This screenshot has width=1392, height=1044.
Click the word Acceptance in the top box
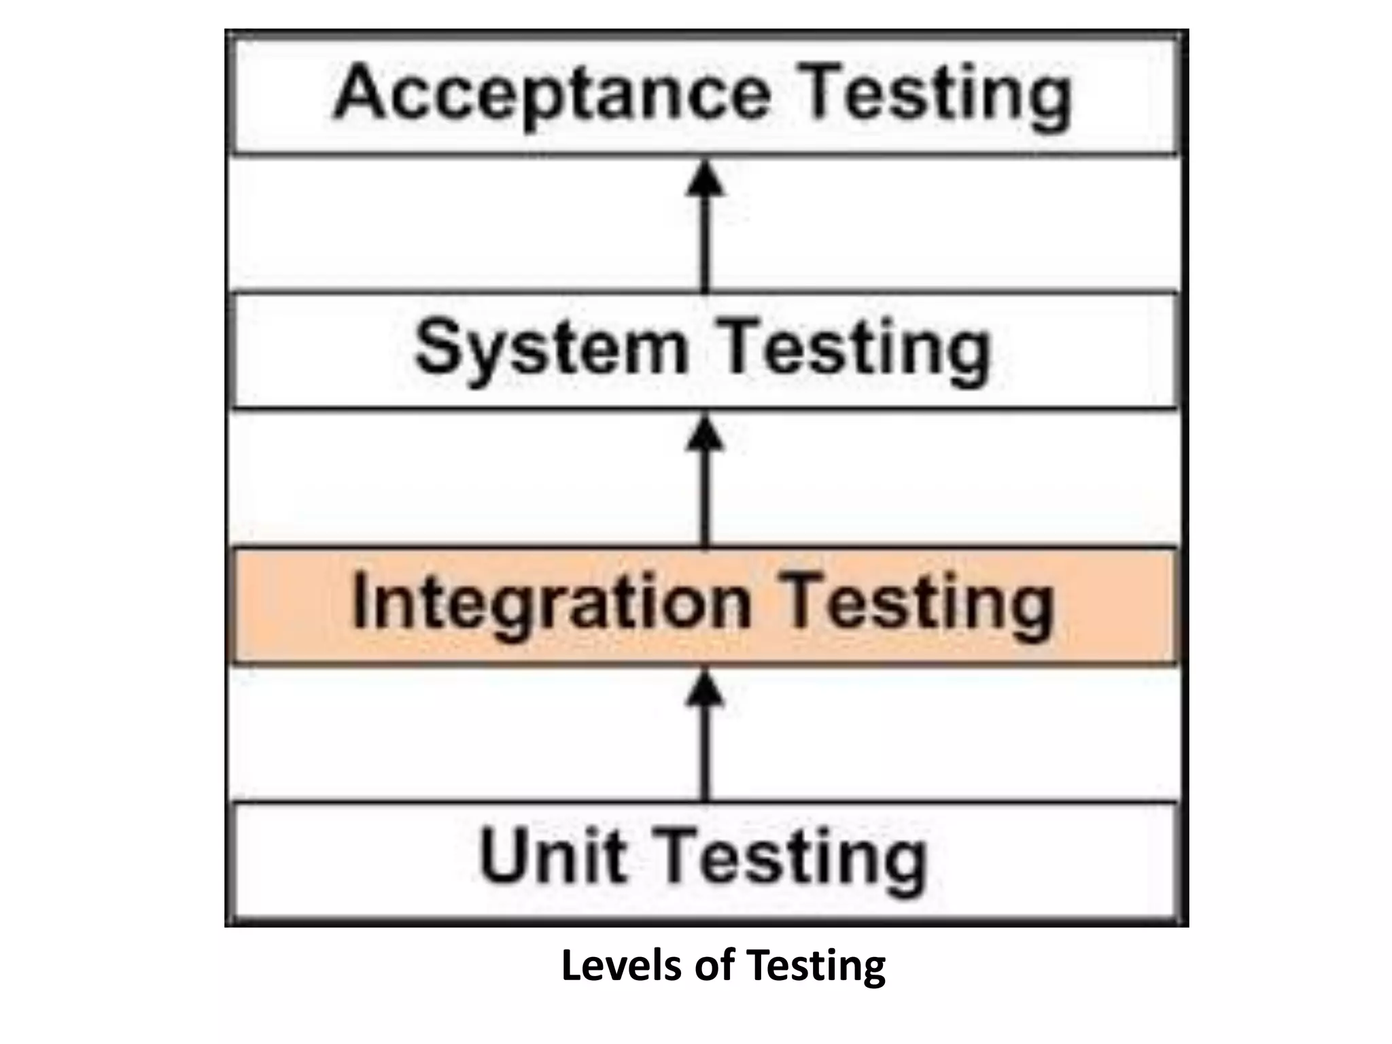coord(552,93)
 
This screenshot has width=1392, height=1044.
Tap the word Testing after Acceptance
coord(937,93)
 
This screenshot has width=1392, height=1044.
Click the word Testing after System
coord(854,348)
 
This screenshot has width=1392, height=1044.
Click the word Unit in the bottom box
coord(552,855)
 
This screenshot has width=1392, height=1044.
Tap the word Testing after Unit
coord(794,855)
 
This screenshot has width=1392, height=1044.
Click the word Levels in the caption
coord(619,965)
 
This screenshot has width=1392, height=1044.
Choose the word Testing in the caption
coord(816,965)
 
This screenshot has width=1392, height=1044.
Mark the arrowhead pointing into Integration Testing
coord(706,689)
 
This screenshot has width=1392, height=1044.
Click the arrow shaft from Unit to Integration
coord(706,754)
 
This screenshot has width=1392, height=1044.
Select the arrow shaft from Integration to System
coord(706,500)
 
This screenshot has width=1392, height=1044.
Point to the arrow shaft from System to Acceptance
coord(706,245)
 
